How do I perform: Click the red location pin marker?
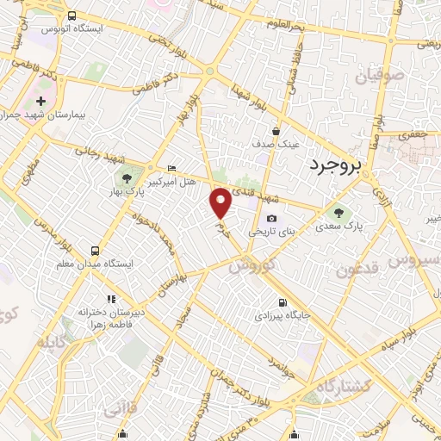pos(221,202)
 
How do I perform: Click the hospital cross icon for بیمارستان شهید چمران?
pos(40,102)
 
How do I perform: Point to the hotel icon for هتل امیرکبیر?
pos(171,167)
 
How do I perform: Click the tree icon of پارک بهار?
pos(127,178)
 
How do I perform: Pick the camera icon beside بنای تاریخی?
pos(272,219)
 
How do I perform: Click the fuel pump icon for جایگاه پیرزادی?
pos(282,303)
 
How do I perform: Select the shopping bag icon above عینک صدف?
pos(276,131)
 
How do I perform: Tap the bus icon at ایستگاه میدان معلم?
pos(93,251)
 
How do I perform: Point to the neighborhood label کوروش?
pos(252,264)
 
